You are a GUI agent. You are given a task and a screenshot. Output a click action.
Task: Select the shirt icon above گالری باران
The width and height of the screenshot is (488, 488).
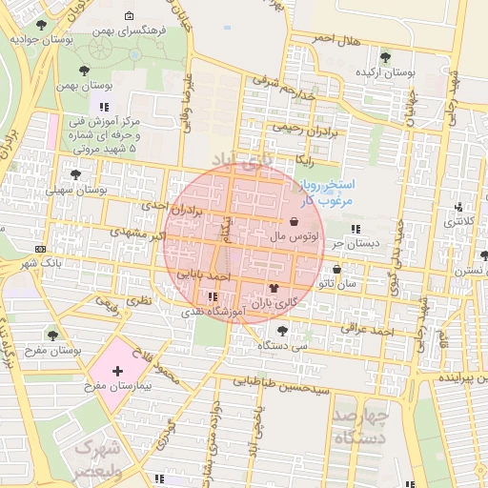coord(274,287)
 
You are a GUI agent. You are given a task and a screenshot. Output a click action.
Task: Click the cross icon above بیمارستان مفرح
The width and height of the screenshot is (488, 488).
coord(117,371)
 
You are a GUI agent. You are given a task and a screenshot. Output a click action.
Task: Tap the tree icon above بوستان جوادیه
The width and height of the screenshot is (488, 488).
coord(39,25)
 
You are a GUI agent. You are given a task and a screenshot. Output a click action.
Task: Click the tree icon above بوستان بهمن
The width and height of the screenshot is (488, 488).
coord(86,71)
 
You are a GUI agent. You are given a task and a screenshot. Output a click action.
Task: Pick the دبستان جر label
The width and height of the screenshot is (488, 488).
coord(350,244)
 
